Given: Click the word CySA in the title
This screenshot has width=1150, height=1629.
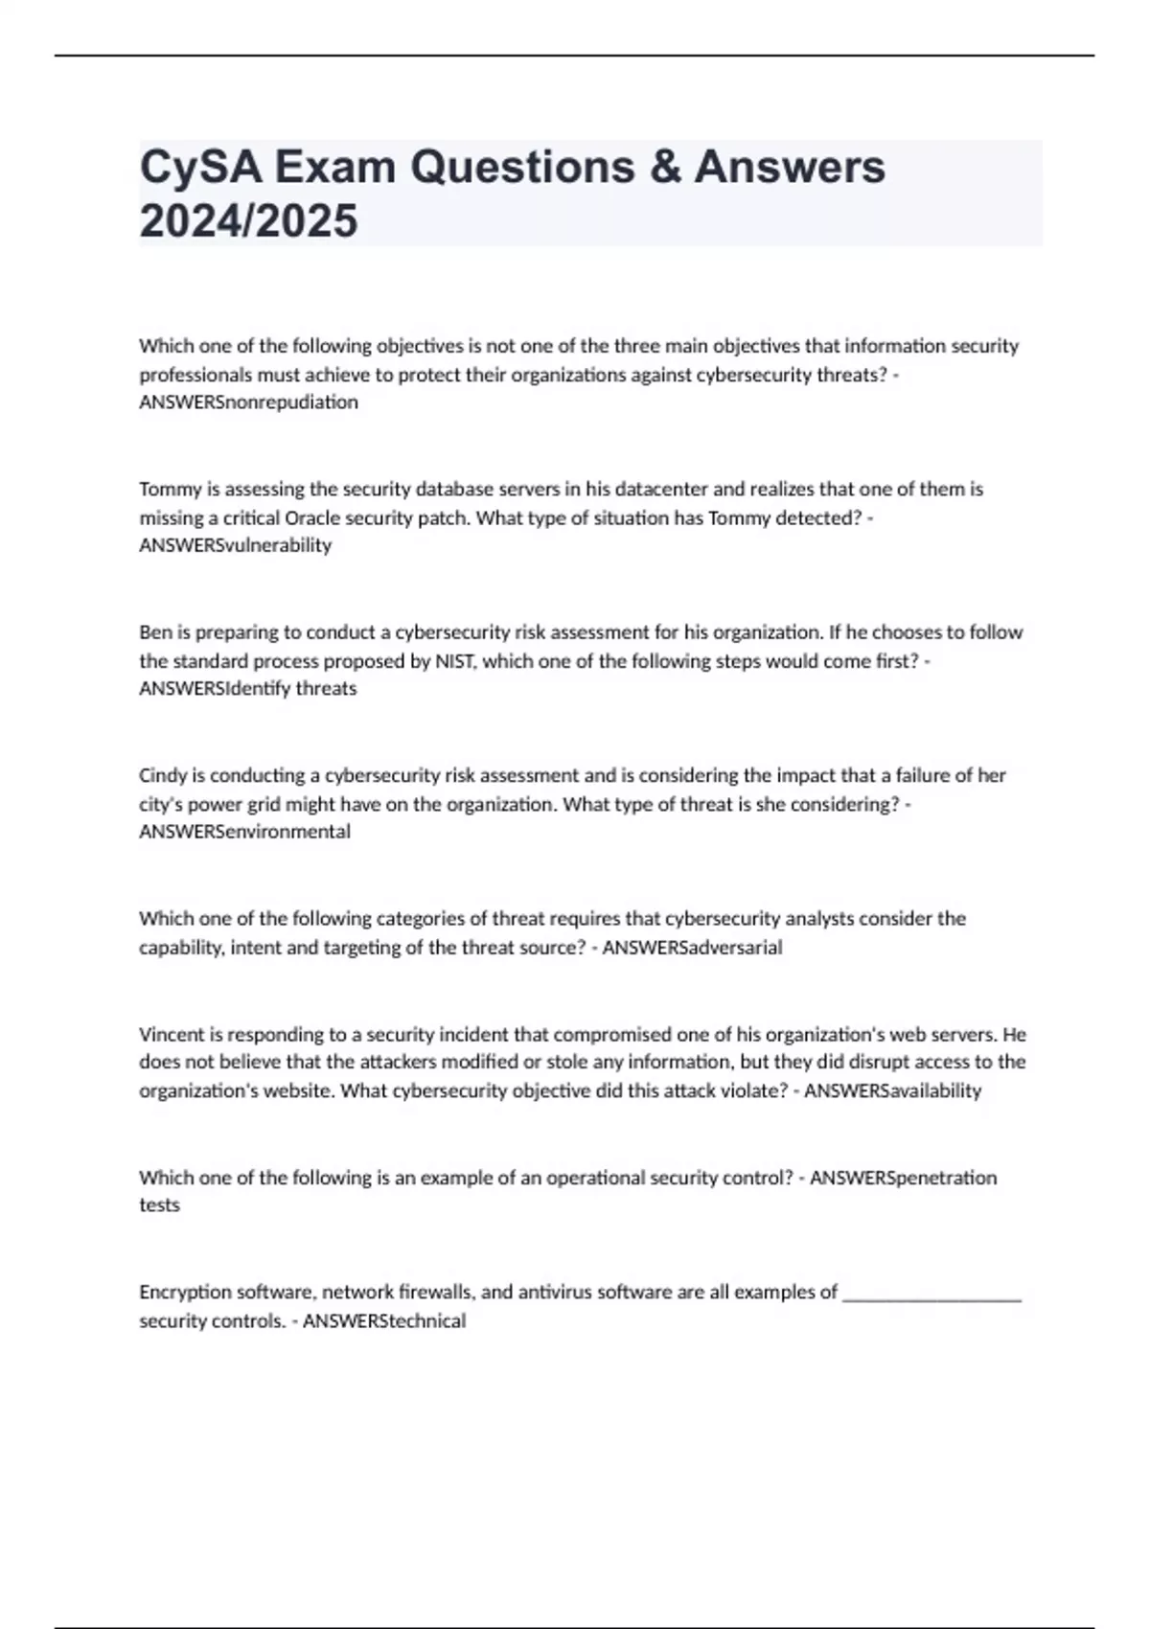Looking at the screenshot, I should (x=199, y=167).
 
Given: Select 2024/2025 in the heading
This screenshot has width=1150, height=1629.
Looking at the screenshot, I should (x=248, y=220).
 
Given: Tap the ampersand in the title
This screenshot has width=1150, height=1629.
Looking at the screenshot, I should (x=664, y=167).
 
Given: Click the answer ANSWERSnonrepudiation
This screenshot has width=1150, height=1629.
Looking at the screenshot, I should (x=248, y=402).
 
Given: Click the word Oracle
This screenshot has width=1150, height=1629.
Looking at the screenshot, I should (x=310, y=517).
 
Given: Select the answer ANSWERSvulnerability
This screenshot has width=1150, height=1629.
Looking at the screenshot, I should (x=235, y=545).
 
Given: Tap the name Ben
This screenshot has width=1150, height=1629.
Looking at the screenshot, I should (x=154, y=632).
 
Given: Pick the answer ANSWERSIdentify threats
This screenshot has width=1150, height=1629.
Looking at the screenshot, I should (x=247, y=689).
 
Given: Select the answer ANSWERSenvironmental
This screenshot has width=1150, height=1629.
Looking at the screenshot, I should (x=244, y=832).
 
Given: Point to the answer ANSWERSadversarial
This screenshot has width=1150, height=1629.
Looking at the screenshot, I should (x=692, y=948).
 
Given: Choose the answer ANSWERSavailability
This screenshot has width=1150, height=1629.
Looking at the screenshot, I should (x=892, y=1090).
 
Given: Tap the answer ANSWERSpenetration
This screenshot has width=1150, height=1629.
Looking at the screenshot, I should (x=903, y=1178).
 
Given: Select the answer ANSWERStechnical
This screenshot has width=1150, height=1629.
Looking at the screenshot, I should (x=384, y=1320).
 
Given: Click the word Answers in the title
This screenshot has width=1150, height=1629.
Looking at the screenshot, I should (x=790, y=167).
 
